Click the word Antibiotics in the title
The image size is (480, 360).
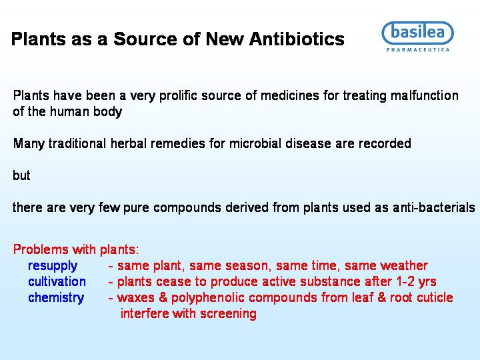(297, 39)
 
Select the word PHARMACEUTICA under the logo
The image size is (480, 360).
(418, 50)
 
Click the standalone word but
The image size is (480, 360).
(21, 175)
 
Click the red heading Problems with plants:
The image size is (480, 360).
(76, 249)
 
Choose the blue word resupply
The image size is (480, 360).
(53, 266)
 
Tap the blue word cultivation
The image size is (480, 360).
(57, 281)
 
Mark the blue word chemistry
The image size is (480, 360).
(56, 298)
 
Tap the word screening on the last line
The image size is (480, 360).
(229, 314)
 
